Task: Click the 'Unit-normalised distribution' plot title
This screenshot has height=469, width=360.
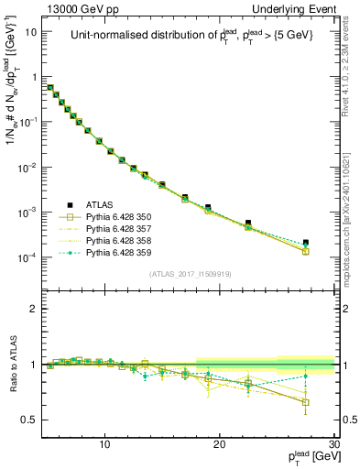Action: click(x=189, y=37)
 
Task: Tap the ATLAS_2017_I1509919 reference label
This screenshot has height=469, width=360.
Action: click(x=189, y=274)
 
